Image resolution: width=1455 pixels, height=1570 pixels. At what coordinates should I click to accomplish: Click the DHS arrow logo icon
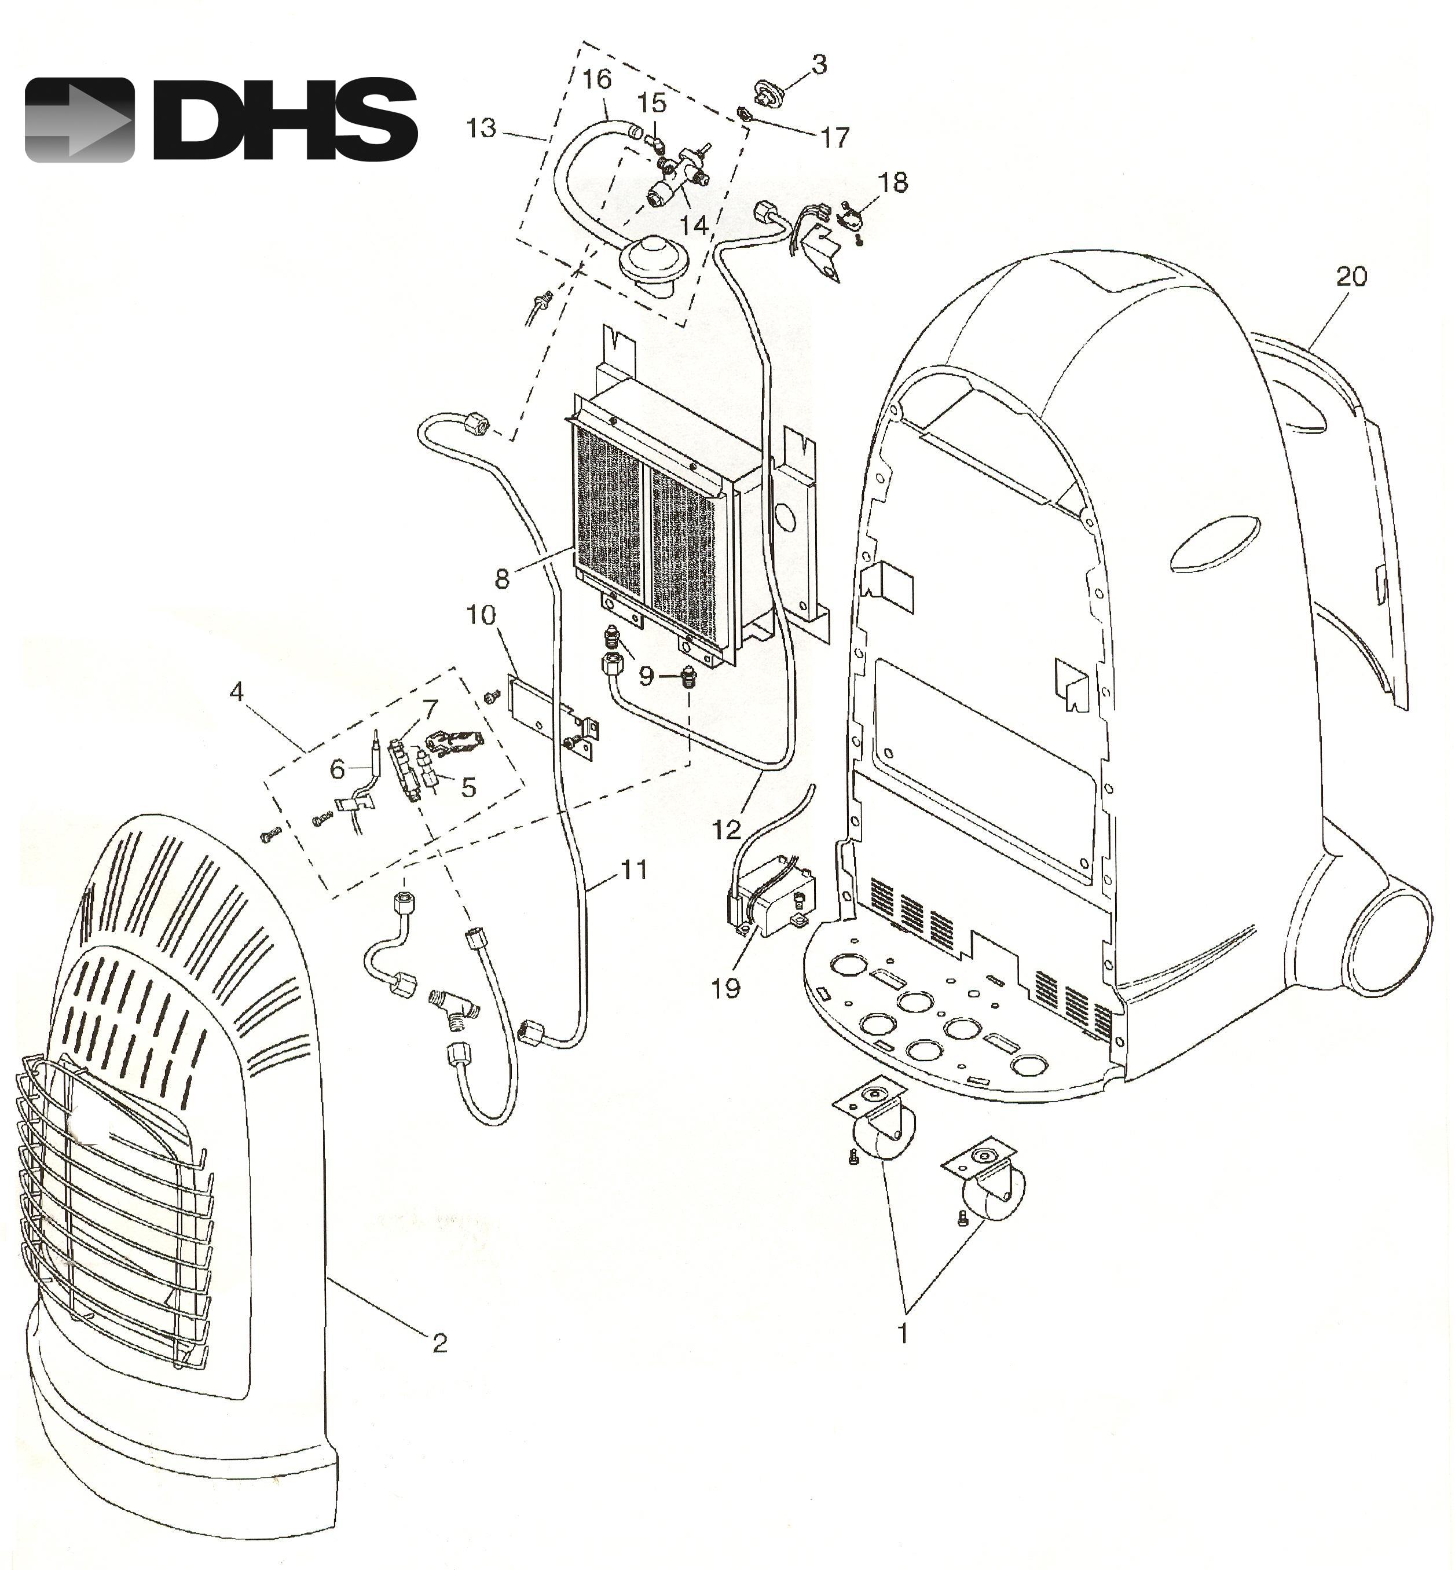click(x=79, y=120)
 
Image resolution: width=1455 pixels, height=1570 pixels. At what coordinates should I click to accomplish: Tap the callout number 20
click(x=1351, y=276)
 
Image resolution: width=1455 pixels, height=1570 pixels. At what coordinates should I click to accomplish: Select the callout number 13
click(x=482, y=127)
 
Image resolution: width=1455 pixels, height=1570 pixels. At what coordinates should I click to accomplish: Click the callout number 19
click(x=726, y=989)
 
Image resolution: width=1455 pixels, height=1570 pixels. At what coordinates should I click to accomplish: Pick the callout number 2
click(x=439, y=1343)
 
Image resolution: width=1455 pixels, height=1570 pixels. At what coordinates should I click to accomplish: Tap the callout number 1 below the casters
click(x=904, y=1334)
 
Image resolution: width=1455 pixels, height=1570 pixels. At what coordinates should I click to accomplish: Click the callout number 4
click(x=236, y=692)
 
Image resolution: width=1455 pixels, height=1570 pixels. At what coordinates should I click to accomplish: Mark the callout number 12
click(x=727, y=829)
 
